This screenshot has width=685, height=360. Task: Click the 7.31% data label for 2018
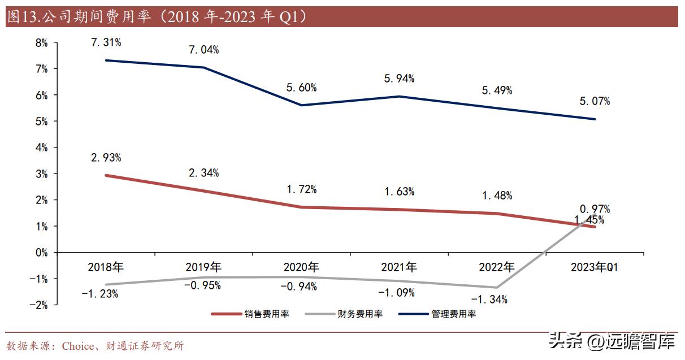106,42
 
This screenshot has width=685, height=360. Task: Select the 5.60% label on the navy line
302,87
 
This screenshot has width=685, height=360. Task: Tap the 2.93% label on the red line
106,157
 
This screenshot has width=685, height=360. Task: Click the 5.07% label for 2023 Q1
595,102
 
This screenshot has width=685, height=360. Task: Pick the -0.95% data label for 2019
203,285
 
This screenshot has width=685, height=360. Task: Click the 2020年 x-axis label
301,267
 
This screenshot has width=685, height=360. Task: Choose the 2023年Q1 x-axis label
595,267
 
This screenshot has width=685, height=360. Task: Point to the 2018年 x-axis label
106,267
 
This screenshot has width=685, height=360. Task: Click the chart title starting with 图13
158,17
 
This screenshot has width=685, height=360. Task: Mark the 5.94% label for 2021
400,79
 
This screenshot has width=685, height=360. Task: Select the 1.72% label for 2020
302,189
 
